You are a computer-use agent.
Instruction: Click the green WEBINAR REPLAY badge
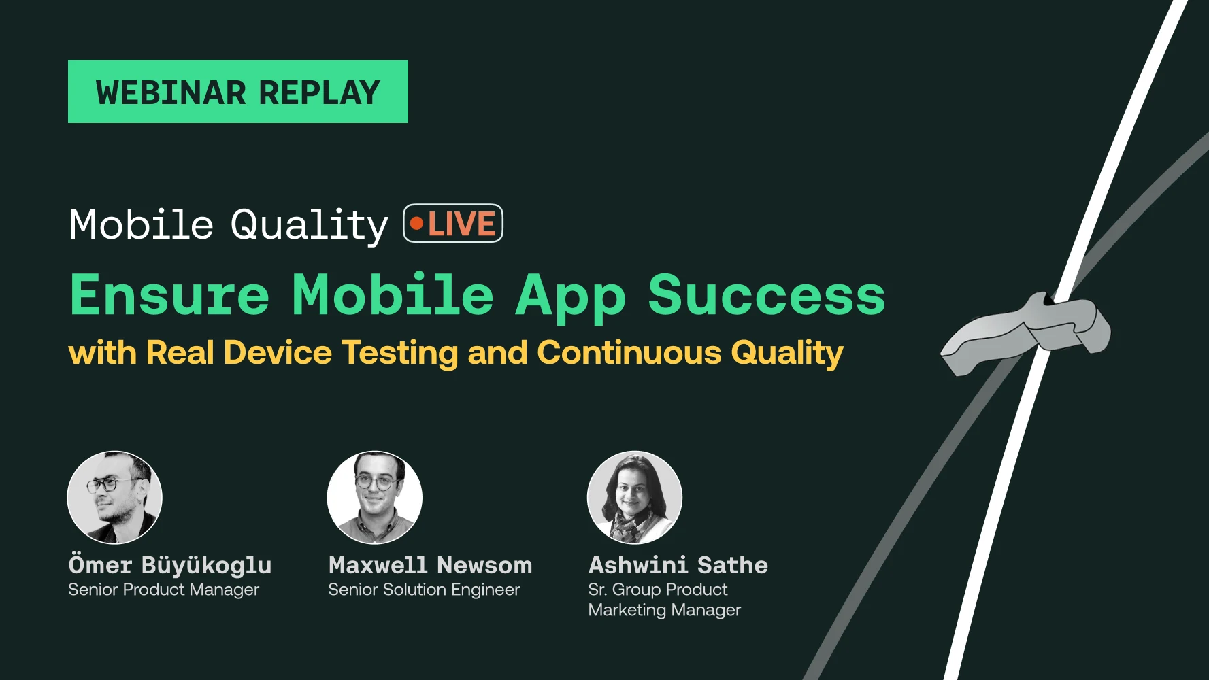coord(237,92)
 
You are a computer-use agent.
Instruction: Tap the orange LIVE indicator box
coord(453,224)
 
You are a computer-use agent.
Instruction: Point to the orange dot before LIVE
coord(416,224)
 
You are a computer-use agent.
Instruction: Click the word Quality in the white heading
coord(309,225)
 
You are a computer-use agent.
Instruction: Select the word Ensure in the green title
coord(170,295)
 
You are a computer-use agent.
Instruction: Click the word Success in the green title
coord(766,295)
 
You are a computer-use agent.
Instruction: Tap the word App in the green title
coord(570,296)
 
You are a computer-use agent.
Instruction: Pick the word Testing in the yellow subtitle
coord(400,353)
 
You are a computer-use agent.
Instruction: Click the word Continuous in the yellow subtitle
coord(629,353)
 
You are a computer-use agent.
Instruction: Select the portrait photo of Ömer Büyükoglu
coord(115,498)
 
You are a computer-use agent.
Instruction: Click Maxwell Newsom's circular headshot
coord(375,498)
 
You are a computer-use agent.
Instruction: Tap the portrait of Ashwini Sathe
coord(635,498)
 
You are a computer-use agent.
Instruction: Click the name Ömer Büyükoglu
coord(170,565)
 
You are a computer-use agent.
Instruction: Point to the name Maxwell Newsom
coord(430,565)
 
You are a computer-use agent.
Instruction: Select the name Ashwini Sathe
coord(678,565)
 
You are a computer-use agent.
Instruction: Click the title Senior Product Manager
coord(163,590)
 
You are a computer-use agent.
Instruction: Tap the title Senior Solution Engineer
coord(424,590)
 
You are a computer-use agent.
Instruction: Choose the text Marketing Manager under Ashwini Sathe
coord(664,610)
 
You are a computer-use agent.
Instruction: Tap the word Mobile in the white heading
coord(142,224)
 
